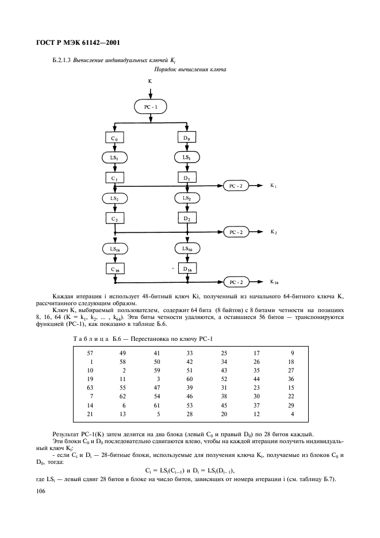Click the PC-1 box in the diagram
click(x=151, y=106)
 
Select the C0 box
click(x=115, y=138)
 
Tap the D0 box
click(x=187, y=138)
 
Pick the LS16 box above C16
click(x=115, y=248)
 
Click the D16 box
click(x=187, y=268)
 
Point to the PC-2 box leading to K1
click(x=236, y=186)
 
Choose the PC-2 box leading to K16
click(x=236, y=282)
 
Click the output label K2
click(x=274, y=232)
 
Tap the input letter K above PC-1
click(x=150, y=82)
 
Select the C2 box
click(x=115, y=218)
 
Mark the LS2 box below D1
click(x=187, y=198)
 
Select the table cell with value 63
click(x=90, y=389)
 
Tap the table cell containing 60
click(x=190, y=379)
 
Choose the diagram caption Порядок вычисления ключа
click(x=189, y=70)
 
